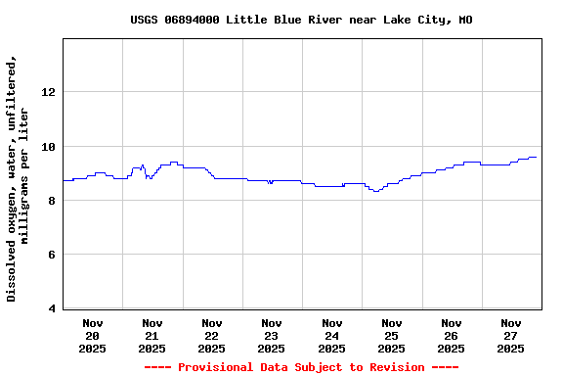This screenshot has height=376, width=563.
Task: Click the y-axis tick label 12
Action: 48,92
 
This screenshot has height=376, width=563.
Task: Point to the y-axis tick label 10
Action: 48,147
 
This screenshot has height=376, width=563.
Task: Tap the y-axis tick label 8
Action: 51,201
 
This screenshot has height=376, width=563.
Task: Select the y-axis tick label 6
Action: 51,256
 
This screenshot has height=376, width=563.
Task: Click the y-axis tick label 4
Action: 51,309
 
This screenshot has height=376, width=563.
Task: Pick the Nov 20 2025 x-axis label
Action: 93,335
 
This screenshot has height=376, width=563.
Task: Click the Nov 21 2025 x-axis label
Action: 152,335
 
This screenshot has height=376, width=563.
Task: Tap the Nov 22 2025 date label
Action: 212,335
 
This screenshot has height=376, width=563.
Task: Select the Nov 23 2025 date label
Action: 272,335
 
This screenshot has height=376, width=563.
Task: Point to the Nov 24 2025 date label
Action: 331,335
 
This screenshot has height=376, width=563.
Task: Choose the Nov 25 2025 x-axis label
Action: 391,335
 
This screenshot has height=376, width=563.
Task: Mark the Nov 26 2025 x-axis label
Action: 451,335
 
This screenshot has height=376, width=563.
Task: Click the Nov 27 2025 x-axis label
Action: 510,335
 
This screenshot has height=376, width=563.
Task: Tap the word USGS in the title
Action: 145,20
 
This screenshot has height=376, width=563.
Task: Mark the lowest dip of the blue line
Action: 375,191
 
